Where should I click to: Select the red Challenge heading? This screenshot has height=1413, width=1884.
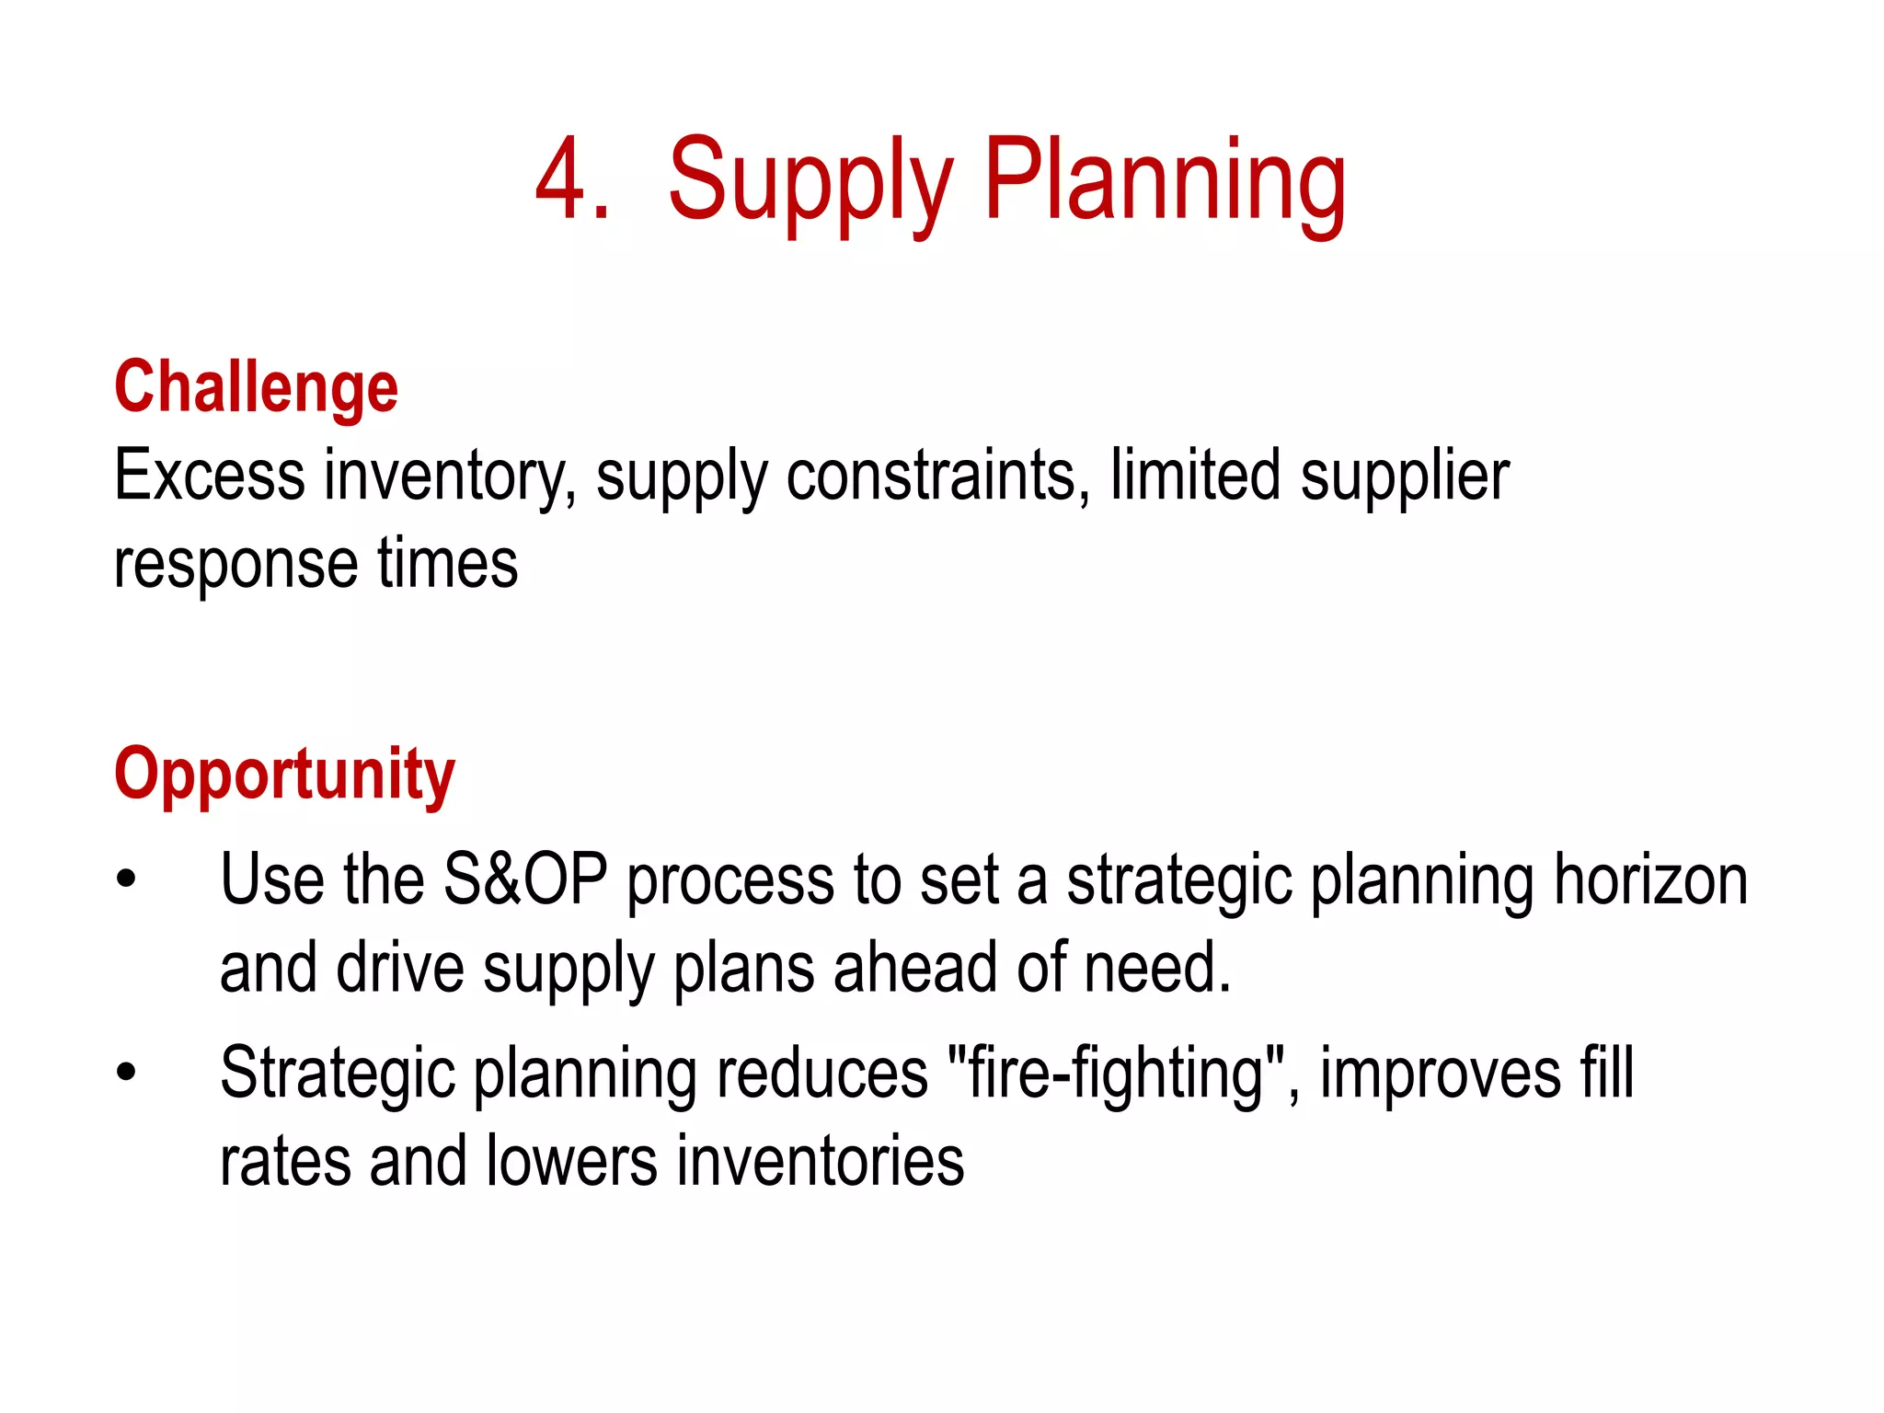coord(256,387)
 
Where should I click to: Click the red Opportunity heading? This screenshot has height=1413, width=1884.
coord(284,775)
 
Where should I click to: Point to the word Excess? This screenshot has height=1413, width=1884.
coord(209,476)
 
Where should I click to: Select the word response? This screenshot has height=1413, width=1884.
coord(235,564)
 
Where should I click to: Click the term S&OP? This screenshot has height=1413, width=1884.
coord(524,879)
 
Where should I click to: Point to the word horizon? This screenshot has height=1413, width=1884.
coord(1650,879)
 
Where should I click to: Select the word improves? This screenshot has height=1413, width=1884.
coord(1441,1074)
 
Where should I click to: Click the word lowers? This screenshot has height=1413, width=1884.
coord(571,1161)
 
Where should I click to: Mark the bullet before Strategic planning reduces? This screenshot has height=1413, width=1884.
coord(126,1072)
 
